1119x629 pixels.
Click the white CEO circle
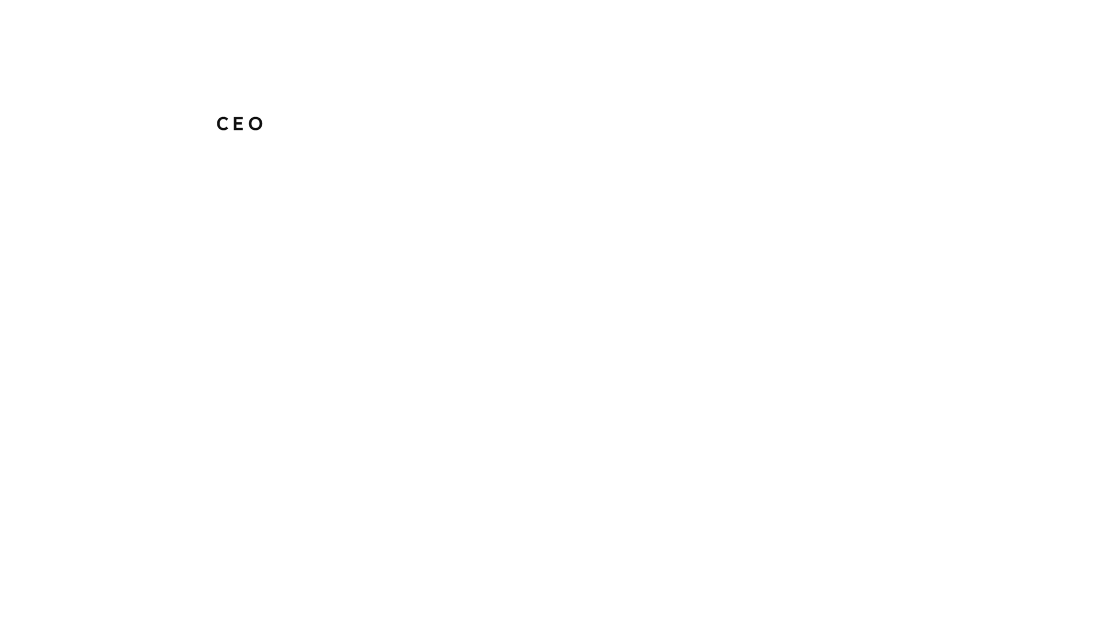click(x=240, y=125)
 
